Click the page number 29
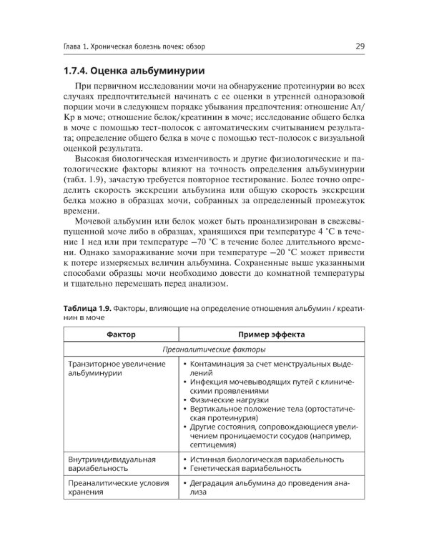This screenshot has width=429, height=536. [360, 47]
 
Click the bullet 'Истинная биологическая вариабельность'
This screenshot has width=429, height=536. [267, 458]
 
